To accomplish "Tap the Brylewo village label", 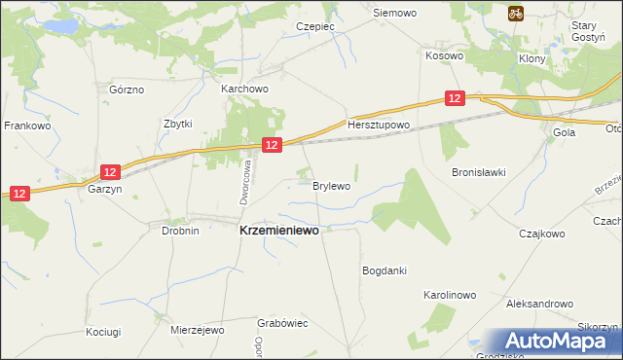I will click(x=331, y=185).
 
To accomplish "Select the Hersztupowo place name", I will click(x=380, y=126).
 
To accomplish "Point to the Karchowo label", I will click(x=244, y=89).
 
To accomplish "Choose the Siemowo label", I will click(x=395, y=14).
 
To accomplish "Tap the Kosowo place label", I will click(x=444, y=56).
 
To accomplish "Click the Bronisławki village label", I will click(x=479, y=172).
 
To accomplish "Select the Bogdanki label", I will click(x=384, y=270).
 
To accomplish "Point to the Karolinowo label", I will click(x=449, y=294).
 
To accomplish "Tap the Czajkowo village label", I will click(x=542, y=234).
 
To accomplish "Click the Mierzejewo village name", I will click(x=197, y=330).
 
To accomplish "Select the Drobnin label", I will click(x=180, y=231).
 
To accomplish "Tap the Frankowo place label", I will click(x=27, y=126).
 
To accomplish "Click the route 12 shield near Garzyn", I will click(x=110, y=172).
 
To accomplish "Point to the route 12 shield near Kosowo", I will click(x=456, y=98).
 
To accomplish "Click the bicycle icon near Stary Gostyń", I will click(x=516, y=14).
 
